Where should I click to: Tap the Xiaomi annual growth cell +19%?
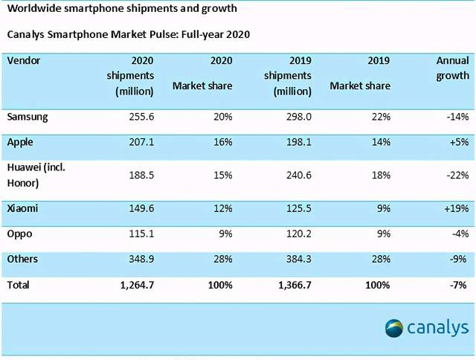[455, 209]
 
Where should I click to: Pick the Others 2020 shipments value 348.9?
[139, 259]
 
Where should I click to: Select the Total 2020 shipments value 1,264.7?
[134, 284]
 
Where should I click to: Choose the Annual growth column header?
[452, 68]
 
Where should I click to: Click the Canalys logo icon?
[395, 327]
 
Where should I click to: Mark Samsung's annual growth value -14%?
[457, 117]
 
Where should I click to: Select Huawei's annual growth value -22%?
[456, 176]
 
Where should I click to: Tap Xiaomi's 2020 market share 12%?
[222, 209]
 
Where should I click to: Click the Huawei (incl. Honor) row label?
[36, 175]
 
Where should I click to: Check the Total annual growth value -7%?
[460, 284]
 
